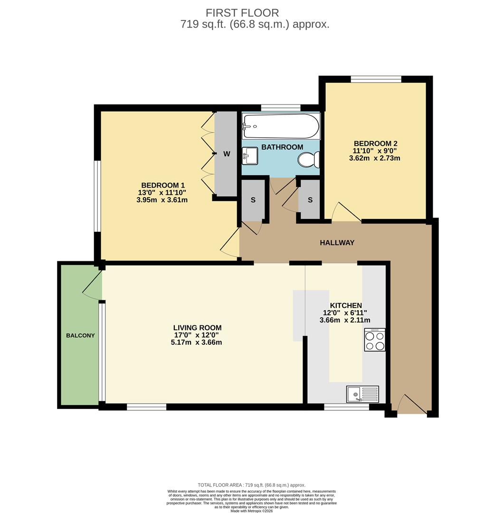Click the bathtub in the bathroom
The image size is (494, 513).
(280, 125)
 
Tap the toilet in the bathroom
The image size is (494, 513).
(308, 160)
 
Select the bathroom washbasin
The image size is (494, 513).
(250, 155)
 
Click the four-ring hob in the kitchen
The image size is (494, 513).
(375, 340)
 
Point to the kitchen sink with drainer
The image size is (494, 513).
(362, 394)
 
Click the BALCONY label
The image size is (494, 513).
(80, 335)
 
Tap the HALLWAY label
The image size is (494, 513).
(337, 243)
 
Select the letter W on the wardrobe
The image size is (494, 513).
(227, 154)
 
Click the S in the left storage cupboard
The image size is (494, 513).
(253, 200)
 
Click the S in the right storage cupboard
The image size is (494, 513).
(310, 200)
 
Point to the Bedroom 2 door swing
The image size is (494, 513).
(343, 213)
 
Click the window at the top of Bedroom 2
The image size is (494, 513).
(376, 79)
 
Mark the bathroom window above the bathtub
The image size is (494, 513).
(280, 108)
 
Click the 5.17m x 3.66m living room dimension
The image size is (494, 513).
(196, 342)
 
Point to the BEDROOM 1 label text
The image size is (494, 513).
(162, 185)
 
